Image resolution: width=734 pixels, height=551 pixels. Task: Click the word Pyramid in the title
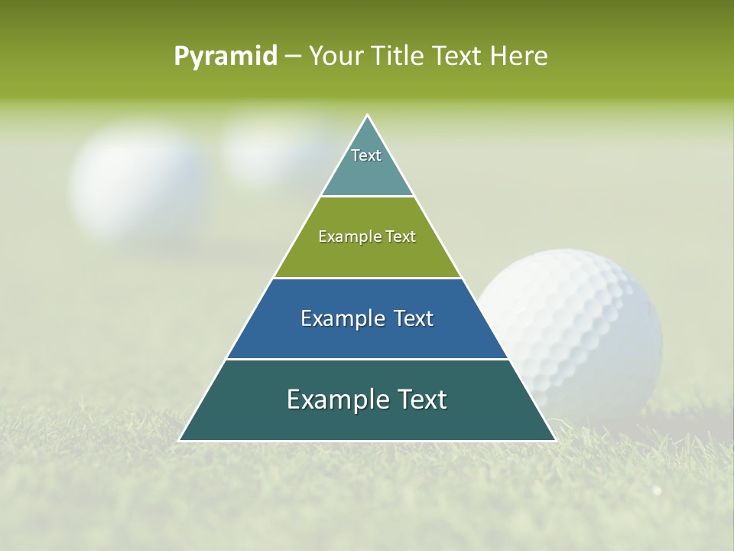tap(226, 57)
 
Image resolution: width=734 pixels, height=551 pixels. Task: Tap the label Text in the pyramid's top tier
tap(366, 155)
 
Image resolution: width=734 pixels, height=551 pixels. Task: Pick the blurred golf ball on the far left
tap(138, 184)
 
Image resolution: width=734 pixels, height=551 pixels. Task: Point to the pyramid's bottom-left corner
tap(180, 441)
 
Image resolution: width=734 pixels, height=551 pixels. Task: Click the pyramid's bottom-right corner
tap(555, 441)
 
